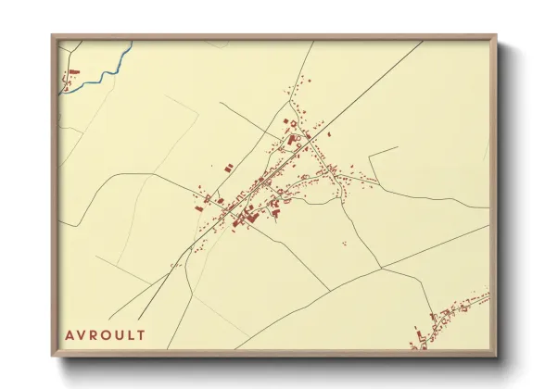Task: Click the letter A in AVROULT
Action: click(x=70, y=334)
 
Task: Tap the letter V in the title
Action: click(x=82, y=334)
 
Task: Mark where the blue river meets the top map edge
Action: click(x=133, y=42)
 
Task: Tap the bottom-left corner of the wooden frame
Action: click(x=52, y=356)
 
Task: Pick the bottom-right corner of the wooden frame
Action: click(x=497, y=356)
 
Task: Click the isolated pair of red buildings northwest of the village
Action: click(x=226, y=169)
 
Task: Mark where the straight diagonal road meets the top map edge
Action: click(x=423, y=42)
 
